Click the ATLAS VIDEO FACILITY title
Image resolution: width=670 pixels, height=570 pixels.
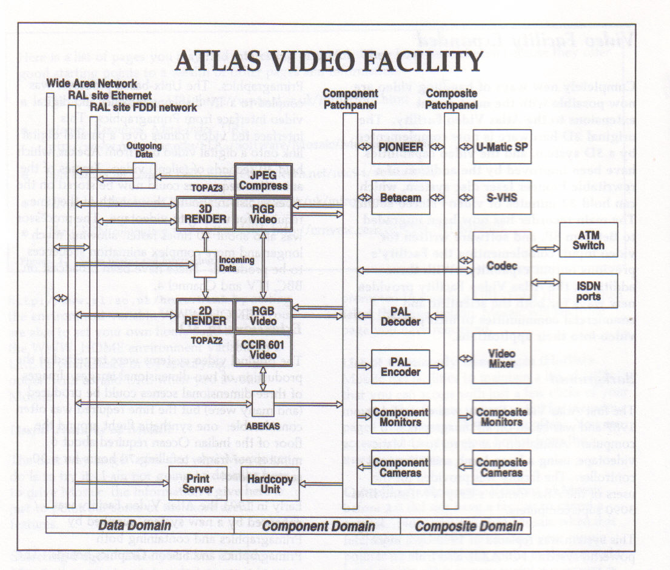point(329,61)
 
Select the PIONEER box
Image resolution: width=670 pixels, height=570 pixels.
point(400,147)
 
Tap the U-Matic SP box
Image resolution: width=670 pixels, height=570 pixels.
point(502,147)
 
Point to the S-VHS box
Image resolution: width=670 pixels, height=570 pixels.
point(502,197)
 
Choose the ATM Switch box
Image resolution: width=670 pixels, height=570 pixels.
point(587,240)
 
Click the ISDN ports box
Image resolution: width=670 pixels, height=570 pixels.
point(587,290)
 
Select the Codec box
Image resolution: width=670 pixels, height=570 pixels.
point(502,266)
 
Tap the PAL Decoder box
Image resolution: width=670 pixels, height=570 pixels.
point(400,316)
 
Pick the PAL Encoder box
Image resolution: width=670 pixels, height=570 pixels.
point(400,366)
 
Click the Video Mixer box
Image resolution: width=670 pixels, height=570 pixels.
point(502,358)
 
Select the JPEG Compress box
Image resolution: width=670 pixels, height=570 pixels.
point(263,180)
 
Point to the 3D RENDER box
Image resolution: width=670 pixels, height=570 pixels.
point(205,213)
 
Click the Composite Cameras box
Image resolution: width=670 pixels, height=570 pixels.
point(502,467)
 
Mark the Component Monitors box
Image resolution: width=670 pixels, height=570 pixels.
point(400,417)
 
